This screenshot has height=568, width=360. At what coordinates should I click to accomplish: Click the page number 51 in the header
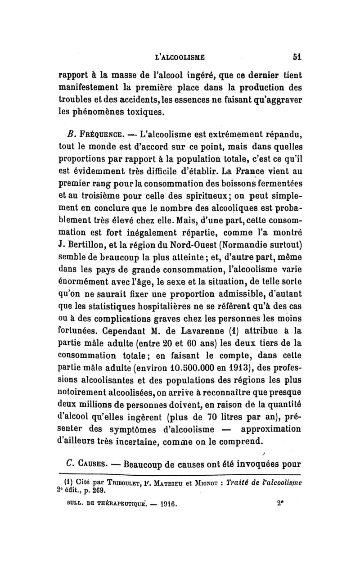(295, 57)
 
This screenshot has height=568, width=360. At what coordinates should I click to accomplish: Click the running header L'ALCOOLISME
(180, 57)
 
